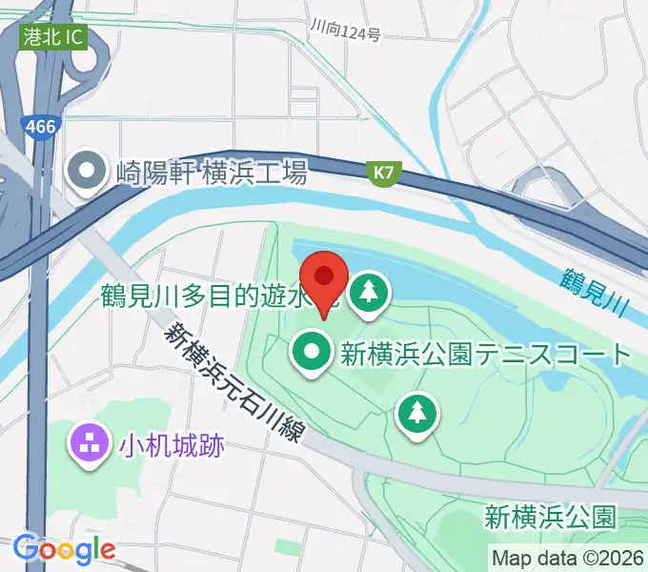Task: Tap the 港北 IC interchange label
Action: (x=53, y=38)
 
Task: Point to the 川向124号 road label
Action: (x=345, y=33)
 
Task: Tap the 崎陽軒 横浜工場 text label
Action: (x=212, y=173)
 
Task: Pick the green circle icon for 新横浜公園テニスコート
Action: (x=312, y=354)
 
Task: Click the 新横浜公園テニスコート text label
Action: (x=486, y=356)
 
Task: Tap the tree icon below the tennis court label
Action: (x=416, y=413)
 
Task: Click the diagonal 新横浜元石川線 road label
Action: (x=234, y=384)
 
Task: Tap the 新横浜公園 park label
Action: (x=548, y=518)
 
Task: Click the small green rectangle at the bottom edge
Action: (x=286, y=547)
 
